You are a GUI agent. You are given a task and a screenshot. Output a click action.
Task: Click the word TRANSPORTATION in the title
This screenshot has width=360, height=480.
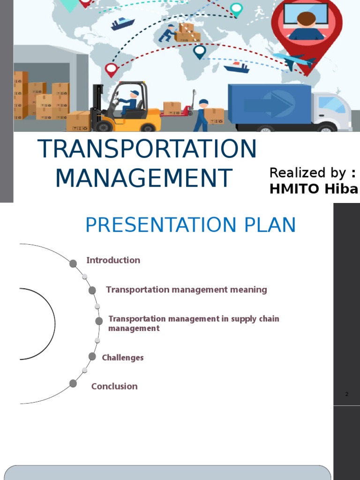[147, 149]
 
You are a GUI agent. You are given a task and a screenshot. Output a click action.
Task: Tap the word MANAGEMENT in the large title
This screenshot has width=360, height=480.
[143, 178]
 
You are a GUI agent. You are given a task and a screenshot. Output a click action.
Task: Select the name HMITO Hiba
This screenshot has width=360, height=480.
[314, 188]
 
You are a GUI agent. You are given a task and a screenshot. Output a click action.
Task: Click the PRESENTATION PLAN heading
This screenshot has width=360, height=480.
[190, 225]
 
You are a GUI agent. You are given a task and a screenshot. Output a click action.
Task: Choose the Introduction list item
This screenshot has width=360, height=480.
[113, 260]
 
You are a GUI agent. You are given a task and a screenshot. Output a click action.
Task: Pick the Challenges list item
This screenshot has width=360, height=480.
[123, 358]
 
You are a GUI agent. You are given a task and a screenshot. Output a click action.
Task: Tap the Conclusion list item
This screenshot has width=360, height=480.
[114, 386]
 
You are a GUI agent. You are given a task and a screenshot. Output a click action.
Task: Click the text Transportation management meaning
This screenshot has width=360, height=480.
[186, 290]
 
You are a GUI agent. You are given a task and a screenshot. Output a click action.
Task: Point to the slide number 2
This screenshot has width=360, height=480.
[347, 394]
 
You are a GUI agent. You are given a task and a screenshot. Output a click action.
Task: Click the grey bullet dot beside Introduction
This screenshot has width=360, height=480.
[73, 263]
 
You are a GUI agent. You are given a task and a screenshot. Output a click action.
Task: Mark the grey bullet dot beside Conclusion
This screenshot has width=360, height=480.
[73, 383]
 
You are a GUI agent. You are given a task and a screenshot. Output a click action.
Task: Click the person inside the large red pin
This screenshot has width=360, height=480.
[306, 26]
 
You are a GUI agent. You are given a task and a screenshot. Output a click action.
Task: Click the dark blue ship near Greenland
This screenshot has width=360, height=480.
[123, 23]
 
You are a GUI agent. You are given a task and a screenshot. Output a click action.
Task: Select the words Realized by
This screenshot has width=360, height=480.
[307, 173]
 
